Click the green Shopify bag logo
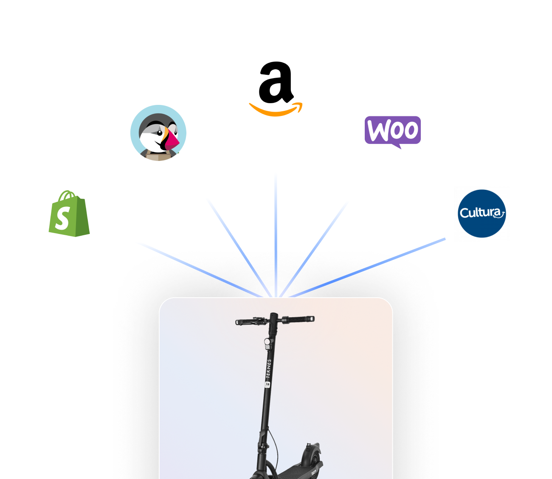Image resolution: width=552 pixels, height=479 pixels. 69,214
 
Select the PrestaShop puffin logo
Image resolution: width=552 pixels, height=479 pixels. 158,133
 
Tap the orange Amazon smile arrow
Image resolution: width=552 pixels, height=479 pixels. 276,110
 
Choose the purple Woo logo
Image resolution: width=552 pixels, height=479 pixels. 393,131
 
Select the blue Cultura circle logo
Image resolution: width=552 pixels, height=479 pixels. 482,213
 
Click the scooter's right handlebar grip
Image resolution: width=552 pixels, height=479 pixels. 302,318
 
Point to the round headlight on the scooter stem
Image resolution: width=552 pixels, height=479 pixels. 268,342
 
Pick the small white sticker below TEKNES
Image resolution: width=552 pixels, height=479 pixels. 267,385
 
